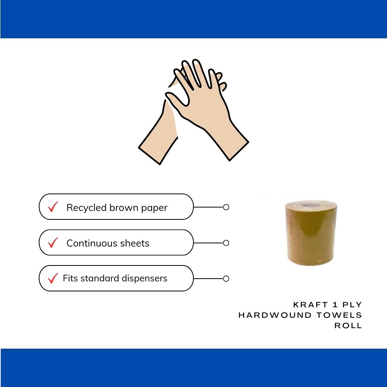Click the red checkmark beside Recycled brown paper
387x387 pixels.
53,207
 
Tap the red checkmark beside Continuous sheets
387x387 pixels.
53,242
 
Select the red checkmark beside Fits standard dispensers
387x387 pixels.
53,278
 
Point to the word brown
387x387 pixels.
124,207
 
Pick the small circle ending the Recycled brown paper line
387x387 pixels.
226,207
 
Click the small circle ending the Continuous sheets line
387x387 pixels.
226,243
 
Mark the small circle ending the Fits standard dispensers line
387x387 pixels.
226,279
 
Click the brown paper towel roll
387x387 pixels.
311,233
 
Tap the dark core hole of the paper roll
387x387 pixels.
311,205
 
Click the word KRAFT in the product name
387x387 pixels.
310,305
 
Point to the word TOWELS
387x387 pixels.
339,315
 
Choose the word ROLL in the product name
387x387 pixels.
348,325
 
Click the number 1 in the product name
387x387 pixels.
335,305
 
